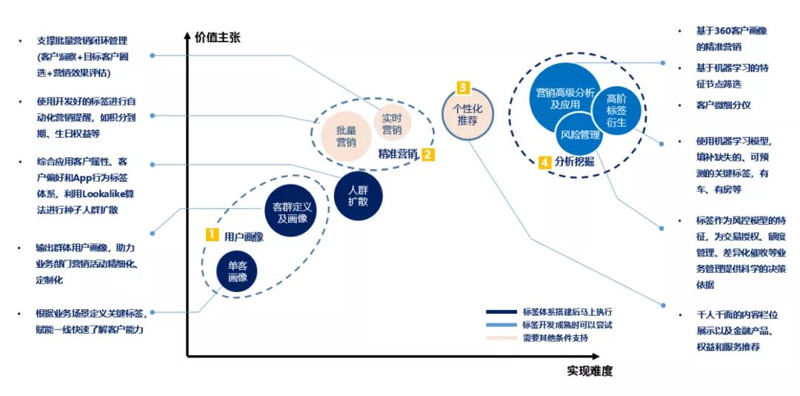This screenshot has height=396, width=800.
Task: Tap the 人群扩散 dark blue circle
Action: tap(358, 195)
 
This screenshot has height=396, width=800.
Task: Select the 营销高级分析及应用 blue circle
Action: tap(564, 99)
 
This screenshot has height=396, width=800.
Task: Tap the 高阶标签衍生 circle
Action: tap(616, 110)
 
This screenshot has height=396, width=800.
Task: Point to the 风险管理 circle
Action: tap(579, 135)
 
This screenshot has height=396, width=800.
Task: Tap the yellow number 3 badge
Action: tap(464, 87)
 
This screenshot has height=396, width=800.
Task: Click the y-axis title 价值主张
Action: tap(218, 37)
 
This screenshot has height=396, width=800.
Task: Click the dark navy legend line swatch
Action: tap(501, 311)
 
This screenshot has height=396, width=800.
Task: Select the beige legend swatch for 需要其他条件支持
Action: tap(501, 338)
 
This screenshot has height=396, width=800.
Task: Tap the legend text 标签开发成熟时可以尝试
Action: tap(567, 325)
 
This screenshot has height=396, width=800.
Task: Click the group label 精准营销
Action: tap(398, 154)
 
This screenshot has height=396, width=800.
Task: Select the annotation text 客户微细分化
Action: tap(723, 105)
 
